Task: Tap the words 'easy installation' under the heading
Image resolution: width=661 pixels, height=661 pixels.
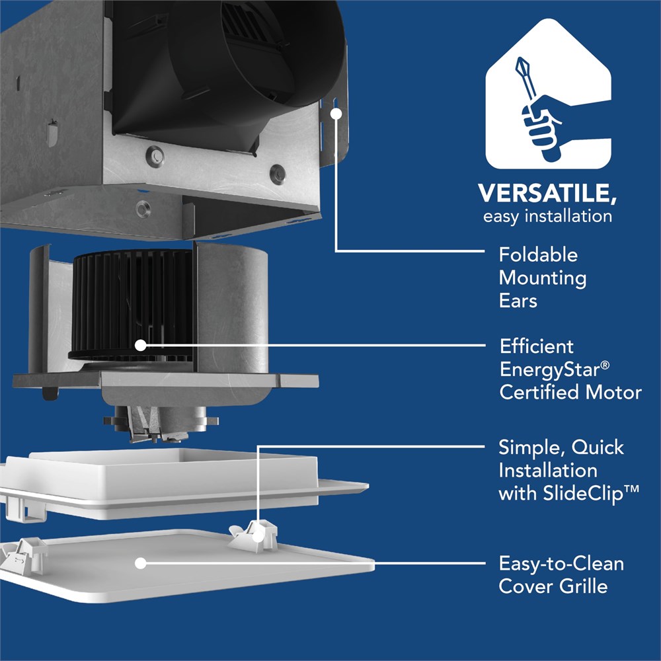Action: [x=547, y=216]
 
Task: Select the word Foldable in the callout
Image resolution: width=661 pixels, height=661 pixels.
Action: [x=538, y=254]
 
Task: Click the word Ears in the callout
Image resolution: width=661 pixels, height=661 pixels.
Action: [x=518, y=301]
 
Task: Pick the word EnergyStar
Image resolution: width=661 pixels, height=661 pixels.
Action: [x=549, y=369]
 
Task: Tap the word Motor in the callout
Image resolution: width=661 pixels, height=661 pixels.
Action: [x=613, y=393]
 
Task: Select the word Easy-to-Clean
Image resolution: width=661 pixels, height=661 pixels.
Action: [x=561, y=564]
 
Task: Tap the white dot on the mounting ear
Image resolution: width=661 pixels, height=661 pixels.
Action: [x=336, y=114]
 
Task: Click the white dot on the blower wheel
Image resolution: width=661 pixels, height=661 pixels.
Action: [x=140, y=346]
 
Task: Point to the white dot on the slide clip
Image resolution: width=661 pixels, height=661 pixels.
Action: [x=258, y=537]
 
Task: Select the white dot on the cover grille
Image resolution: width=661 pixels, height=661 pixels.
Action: [x=140, y=563]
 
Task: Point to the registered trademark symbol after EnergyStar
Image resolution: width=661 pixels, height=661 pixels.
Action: [x=605, y=364]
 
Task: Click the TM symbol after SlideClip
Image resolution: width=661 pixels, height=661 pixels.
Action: [x=631, y=488]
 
